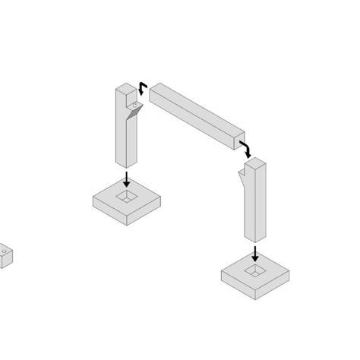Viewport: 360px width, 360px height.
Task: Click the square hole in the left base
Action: click(x=127, y=197)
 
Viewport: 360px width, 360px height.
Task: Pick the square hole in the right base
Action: click(x=256, y=270)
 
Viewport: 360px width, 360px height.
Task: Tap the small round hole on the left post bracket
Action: click(x=138, y=103)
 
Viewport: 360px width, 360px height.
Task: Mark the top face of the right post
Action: click(x=256, y=161)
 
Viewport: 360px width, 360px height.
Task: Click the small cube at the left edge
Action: click(x=5, y=256)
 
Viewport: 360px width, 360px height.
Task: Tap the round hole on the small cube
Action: click(x=3, y=248)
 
